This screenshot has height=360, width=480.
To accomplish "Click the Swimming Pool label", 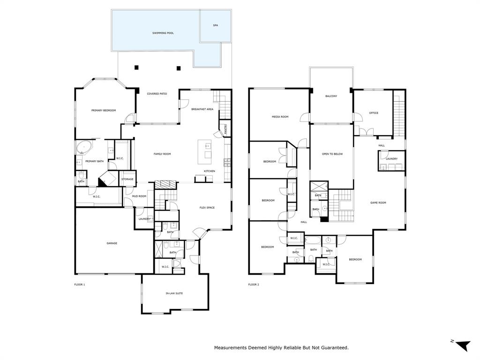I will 163,33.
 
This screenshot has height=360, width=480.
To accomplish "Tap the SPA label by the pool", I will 215,25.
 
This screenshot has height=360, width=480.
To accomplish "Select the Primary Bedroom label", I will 103,111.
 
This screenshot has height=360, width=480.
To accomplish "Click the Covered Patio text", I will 157,94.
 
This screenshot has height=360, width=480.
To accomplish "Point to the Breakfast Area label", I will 202,109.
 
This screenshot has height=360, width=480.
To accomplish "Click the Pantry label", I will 225,128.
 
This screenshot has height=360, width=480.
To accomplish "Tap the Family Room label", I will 162,154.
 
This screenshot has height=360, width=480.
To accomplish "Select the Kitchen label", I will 210,171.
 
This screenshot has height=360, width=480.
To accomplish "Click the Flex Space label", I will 207,207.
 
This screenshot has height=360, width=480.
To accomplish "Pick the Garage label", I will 112,243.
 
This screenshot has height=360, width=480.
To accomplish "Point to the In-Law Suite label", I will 174,293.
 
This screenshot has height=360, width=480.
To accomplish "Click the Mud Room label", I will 139,196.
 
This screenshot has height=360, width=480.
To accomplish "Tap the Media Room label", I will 280,117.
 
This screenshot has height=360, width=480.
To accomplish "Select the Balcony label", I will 331,96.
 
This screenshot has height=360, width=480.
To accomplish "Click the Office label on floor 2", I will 373,113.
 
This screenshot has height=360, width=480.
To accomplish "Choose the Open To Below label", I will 332,154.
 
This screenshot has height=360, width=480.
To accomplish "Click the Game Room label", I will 378,202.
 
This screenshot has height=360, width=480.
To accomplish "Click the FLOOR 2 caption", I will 253,285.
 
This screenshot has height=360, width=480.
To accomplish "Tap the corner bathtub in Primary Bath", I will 84,148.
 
